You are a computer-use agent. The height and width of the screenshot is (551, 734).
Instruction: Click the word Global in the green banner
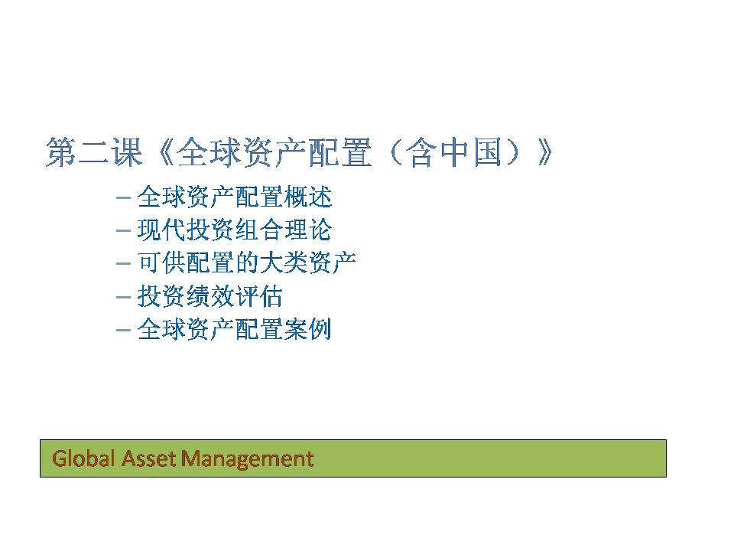(83, 458)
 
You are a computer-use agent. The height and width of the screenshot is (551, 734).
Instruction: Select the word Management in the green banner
(247, 458)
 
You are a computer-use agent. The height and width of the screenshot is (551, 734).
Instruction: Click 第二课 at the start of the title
(94, 152)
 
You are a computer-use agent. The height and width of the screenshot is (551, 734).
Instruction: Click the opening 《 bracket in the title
(166, 152)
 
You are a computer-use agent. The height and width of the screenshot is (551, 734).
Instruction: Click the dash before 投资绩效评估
(123, 297)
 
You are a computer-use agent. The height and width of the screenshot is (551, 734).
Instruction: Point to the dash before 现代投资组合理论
(123, 230)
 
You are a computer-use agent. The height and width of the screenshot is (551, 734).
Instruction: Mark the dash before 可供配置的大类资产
(123, 263)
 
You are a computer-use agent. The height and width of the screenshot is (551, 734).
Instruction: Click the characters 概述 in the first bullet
(308, 197)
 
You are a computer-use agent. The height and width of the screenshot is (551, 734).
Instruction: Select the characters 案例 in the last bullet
(308, 329)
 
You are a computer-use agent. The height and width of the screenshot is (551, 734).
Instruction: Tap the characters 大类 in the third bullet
(284, 262)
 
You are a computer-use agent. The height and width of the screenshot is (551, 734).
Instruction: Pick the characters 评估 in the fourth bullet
(259, 296)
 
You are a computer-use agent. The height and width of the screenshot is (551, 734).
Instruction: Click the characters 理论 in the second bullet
(308, 230)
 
